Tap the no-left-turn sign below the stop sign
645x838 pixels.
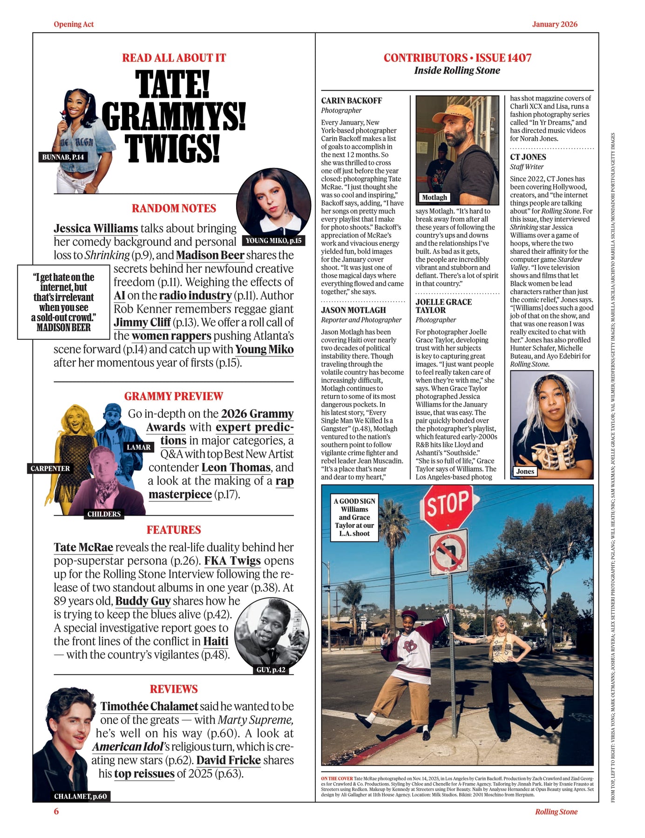[x=448, y=552]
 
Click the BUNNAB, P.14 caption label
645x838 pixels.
[x=63, y=157]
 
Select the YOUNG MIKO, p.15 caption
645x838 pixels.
[x=273, y=241]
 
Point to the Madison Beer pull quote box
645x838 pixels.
[x=64, y=302]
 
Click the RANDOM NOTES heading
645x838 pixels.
[x=174, y=208]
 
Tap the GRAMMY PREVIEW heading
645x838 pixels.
[x=173, y=396]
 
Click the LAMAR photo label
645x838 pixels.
[x=138, y=447]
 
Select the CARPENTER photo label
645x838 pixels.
[x=50, y=468]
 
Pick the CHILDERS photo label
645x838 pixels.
[x=104, y=514]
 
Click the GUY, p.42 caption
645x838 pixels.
[x=271, y=669]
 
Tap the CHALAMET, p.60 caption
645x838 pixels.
[x=80, y=796]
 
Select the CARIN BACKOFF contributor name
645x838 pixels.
[x=351, y=101]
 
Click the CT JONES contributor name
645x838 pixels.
[x=528, y=157]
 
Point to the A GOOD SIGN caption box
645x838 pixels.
[x=354, y=517]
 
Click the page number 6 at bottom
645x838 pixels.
[x=56, y=811]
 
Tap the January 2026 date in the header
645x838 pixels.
[x=554, y=24]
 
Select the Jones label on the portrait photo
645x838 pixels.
[x=525, y=471]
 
